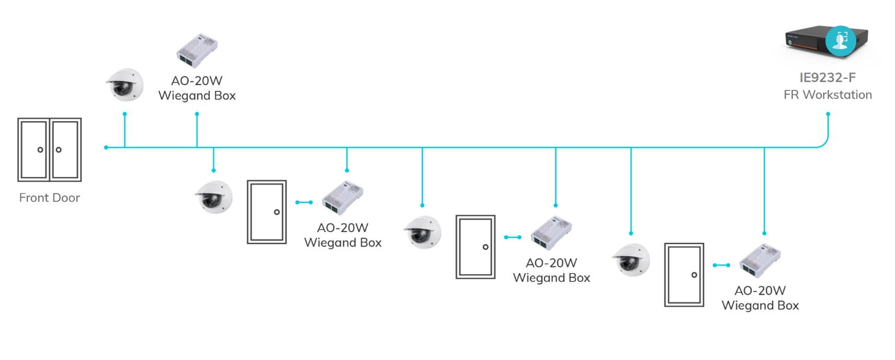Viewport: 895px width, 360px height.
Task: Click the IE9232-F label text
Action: point(828,78)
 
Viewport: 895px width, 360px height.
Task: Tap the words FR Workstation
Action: point(828,95)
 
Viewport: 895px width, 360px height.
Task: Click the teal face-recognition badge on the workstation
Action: point(841,40)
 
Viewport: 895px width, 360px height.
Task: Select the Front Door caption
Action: point(50,198)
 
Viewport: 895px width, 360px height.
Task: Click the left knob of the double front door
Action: point(40,150)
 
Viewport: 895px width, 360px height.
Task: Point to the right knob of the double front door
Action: point(59,150)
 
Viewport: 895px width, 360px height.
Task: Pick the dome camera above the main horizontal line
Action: point(125,85)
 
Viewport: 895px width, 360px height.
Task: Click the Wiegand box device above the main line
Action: point(197,51)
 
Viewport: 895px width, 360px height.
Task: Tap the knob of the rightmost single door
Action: point(694,275)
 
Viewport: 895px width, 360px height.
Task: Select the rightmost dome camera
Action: point(631,260)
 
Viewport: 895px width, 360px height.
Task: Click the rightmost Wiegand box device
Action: point(760,260)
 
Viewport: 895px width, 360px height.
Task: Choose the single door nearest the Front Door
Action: point(267,212)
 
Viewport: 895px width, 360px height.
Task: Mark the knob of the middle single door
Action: point(486,247)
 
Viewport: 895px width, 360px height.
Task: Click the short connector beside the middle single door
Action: point(513,237)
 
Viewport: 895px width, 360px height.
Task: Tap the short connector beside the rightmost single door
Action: point(721,265)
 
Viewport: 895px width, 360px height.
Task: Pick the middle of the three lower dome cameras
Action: point(422,231)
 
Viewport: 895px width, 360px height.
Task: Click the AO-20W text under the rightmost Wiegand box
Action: point(760,291)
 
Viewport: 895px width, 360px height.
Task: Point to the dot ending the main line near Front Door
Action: point(106,148)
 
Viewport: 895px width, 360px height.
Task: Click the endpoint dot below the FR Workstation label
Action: point(828,114)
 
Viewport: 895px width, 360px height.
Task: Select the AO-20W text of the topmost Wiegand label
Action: point(197,81)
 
